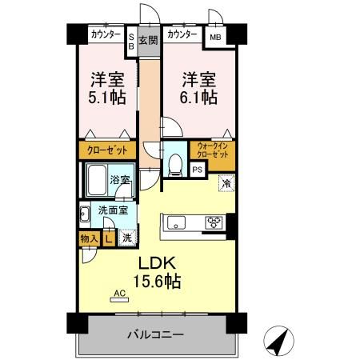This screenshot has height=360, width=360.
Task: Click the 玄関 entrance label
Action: (148, 40)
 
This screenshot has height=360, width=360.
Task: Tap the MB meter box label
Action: (215, 37)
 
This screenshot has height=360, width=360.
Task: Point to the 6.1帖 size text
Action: (198, 98)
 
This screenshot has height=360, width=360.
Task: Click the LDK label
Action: (161, 265)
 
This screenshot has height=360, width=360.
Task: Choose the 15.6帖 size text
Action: (161, 282)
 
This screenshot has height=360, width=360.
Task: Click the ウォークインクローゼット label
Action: (214, 150)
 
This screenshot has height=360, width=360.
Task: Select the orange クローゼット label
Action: (104, 150)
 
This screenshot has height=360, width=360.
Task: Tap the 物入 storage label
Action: (89, 238)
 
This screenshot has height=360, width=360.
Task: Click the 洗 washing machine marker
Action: (126, 238)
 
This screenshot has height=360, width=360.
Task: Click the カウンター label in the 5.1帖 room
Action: (106, 35)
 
